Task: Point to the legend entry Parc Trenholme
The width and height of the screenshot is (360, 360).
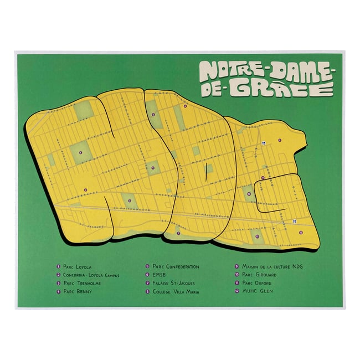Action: (x=81, y=283)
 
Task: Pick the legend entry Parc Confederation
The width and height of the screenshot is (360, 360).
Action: (x=175, y=266)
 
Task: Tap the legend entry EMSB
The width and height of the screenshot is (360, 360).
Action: (x=158, y=275)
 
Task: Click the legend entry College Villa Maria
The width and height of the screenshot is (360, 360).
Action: (x=175, y=291)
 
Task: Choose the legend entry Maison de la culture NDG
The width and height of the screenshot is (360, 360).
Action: (x=272, y=266)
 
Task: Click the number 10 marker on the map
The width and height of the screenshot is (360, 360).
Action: (x=249, y=194)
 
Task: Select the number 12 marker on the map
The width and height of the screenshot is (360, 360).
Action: (x=300, y=233)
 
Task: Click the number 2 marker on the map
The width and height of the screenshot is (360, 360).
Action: (x=86, y=190)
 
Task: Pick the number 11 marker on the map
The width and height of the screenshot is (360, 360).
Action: (x=257, y=236)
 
